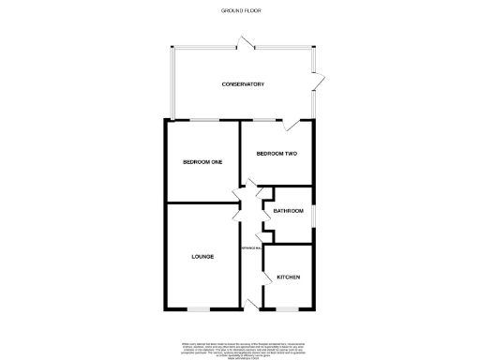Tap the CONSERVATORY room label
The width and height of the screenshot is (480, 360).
[243, 84]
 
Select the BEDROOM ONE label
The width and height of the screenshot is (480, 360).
[202, 162]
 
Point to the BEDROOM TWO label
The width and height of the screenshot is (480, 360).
[277, 153]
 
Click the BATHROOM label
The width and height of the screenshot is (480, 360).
[289, 211]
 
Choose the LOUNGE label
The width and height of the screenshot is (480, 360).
[202, 256]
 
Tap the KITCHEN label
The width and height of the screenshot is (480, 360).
[287, 277]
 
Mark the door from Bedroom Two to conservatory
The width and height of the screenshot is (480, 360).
[295, 127]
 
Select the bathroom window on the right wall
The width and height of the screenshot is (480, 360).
[313, 213]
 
